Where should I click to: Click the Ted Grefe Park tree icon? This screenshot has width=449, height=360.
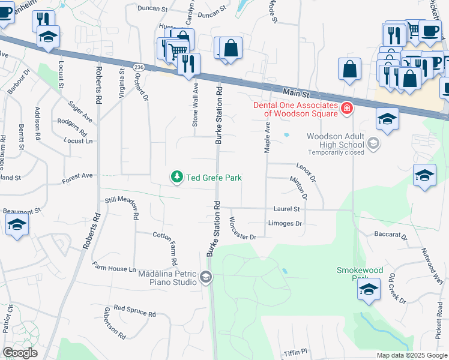176,176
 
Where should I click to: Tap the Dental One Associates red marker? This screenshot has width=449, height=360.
346,108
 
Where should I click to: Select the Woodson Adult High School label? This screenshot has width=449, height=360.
335,140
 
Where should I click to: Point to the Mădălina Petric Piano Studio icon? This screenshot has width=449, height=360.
206,277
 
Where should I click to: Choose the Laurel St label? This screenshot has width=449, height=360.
286,209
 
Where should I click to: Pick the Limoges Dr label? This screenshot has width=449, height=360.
285,223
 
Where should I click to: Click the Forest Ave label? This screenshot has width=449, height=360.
77,177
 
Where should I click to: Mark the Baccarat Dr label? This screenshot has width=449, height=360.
391,236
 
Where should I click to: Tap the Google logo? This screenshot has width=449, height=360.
20,353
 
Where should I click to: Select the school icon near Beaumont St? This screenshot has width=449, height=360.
17,226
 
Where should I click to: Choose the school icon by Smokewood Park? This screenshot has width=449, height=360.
369,290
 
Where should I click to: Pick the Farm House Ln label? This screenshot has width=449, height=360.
114,267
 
